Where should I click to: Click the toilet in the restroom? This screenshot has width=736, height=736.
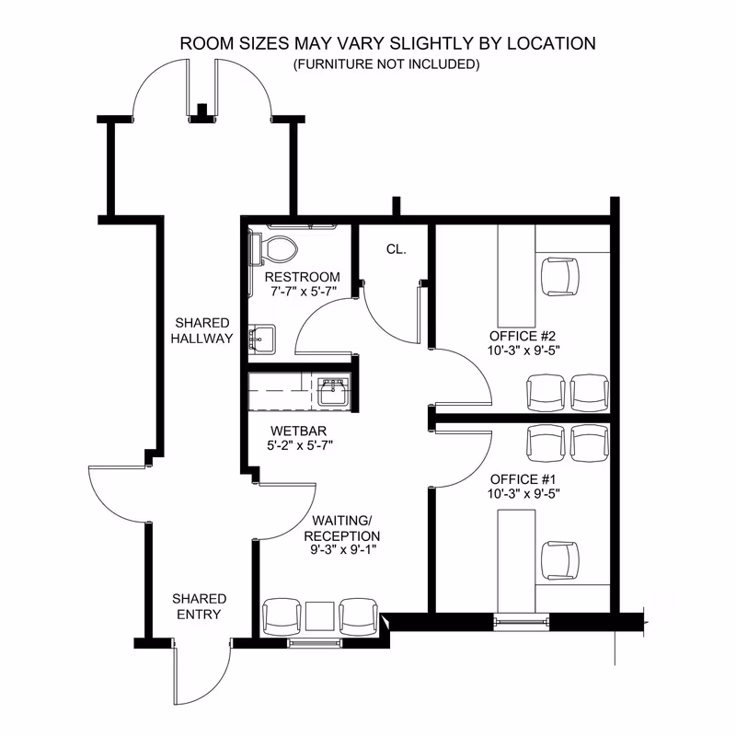pyautogui.click(x=273, y=248)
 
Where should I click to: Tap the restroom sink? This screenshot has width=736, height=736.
pyautogui.click(x=262, y=339)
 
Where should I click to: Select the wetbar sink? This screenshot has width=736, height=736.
pyautogui.click(x=334, y=392)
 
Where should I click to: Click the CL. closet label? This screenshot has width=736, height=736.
pyautogui.click(x=397, y=249)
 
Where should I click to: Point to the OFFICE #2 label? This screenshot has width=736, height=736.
pyautogui.click(x=523, y=336)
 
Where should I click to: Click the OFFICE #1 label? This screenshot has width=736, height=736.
pyautogui.click(x=523, y=479)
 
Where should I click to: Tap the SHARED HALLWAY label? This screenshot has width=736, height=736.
pyautogui.click(x=201, y=330)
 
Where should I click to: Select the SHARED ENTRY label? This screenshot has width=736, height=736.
pyautogui.click(x=199, y=606)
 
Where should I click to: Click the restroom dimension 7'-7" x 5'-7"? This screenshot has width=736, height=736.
pyautogui.click(x=304, y=292)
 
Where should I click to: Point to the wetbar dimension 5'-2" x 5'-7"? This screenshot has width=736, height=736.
pyautogui.click(x=300, y=445)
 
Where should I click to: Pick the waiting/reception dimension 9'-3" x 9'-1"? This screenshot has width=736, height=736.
pyautogui.click(x=343, y=549)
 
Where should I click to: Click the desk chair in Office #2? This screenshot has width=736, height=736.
pyautogui.click(x=560, y=277)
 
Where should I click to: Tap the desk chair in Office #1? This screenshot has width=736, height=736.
pyautogui.click(x=560, y=561)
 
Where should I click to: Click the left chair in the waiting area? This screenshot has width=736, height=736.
pyautogui.click(x=282, y=616)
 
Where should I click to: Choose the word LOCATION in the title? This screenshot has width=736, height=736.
pyautogui.click(x=551, y=43)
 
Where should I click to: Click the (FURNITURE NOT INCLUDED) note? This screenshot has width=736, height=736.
pyautogui.click(x=386, y=63)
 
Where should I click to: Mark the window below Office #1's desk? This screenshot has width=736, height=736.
pyautogui.click(x=521, y=622)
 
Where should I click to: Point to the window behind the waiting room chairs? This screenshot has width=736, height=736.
pyautogui.click(x=315, y=643)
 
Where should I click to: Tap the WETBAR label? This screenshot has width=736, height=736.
pyautogui.click(x=298, y=431)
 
